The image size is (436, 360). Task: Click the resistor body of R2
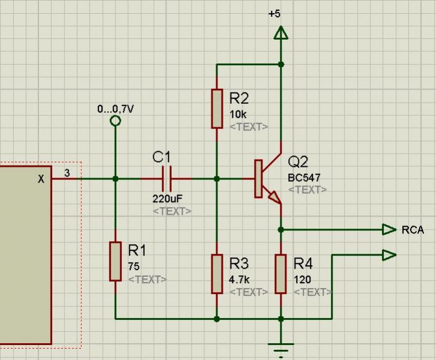[x=217, y=108]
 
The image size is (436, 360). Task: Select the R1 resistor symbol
[x=115, y=261]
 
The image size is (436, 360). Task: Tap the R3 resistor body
[x=217, y=274]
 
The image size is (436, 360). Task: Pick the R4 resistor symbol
[x=280, y=274]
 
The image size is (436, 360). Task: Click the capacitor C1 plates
[x=168, y=178]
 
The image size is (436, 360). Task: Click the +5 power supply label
[x=274, y=14]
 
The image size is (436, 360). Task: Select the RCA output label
[x=413, y=230]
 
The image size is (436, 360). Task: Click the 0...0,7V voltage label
[x=115, y=109]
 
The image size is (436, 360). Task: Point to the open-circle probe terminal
[x=115, y=121]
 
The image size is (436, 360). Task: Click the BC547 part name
[x=304, y=178]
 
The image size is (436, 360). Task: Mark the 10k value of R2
[x=238, y=114]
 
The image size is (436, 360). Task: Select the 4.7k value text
[x=240, y=280]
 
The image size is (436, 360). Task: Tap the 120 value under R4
[x=302, y=280]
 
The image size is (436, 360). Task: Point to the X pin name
[x=41, y=179]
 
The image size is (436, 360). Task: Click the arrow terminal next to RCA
[x=389, y=229]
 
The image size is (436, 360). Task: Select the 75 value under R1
[x=133, y=266]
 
